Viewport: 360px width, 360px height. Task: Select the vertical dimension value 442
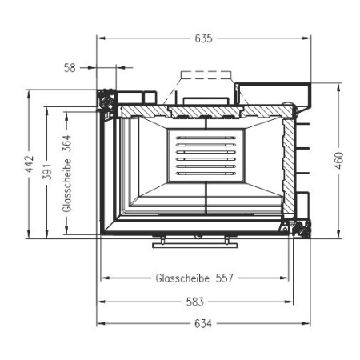[30, 164]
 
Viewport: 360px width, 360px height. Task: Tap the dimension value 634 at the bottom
[202, 323]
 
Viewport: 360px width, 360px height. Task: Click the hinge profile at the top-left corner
[105, 99]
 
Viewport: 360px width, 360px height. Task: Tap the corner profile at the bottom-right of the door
[301, 230]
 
